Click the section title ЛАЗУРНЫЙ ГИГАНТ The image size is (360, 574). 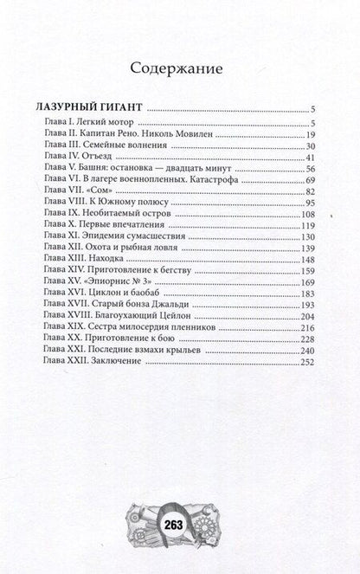(94, 109)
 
